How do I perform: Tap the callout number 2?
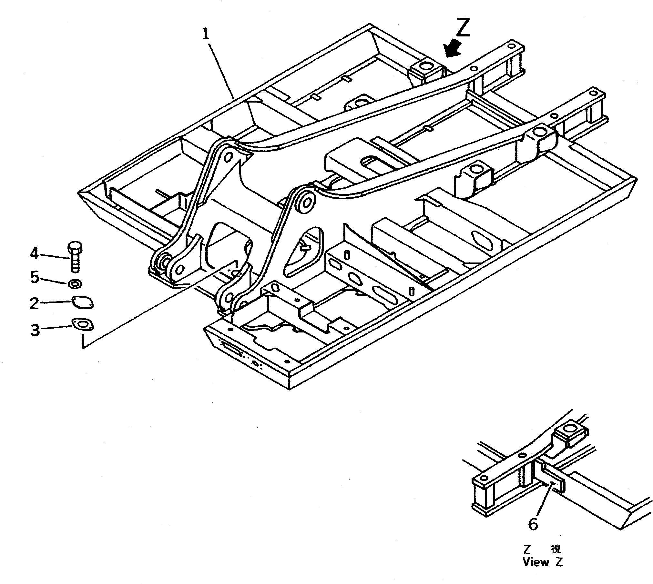point(34,303)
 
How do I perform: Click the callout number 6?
point(533,524)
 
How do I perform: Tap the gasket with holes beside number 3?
point(83,324)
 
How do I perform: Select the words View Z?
point(543,571)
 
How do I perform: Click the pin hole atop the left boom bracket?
point(228,157)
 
